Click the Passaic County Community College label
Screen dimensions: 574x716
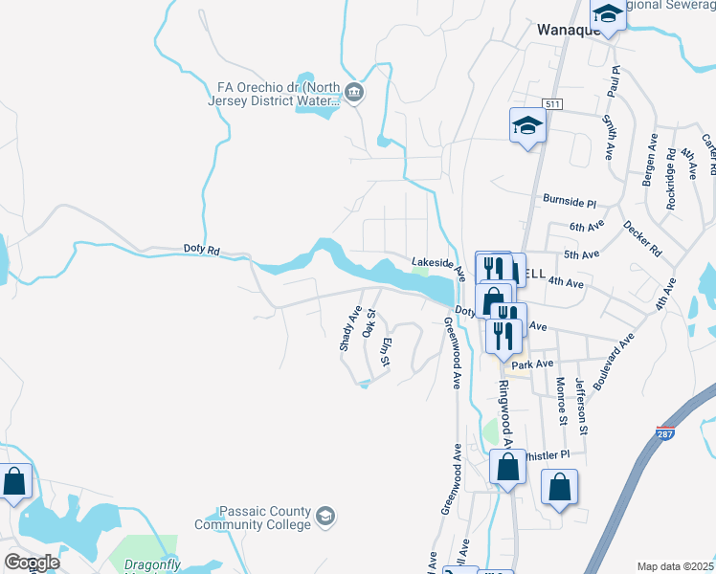click(x=253, y=518)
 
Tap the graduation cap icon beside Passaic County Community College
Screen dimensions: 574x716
click(x=326, y=517)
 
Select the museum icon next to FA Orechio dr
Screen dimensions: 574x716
click(x=354, y=93)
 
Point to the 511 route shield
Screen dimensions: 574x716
click(x=550, y=103)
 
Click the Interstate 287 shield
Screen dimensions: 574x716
click(x=664, y=433)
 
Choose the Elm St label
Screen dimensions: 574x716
click(x=386, y=352)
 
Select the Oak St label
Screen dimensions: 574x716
click(x=369, y=321)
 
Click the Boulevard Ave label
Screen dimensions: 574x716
click(x=614, y=360)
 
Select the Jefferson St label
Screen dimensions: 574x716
click(x=581, y=402)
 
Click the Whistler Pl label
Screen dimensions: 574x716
click(x=548, y=454)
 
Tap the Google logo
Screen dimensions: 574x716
click(x=32, y=563)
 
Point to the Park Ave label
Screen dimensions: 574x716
click(x=532, y=364)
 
